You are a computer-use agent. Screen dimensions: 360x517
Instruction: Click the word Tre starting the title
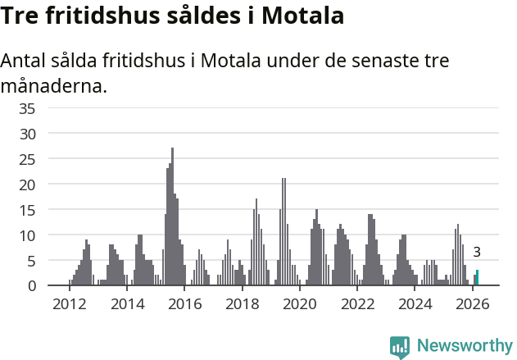point(22,15)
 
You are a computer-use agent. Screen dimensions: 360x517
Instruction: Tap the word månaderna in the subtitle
point(54,84)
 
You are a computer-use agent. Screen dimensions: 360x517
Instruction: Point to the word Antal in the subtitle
point(25,62)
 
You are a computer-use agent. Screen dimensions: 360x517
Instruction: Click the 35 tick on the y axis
point(28,107)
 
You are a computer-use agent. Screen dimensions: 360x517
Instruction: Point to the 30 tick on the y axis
point(28,133)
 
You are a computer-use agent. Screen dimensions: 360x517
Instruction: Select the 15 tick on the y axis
point(28,209)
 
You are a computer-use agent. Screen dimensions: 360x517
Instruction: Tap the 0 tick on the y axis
point(32,285)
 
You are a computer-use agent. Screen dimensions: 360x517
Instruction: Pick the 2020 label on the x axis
point(300,304)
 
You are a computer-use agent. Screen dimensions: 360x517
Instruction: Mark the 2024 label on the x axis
point(415,304)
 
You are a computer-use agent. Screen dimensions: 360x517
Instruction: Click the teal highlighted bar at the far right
point(477,278)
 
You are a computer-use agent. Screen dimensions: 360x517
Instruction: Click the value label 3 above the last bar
point(477,253)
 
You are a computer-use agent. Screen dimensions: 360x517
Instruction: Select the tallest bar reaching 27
point(172,217)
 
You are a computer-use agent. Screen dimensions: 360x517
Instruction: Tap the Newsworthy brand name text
point(464,346)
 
